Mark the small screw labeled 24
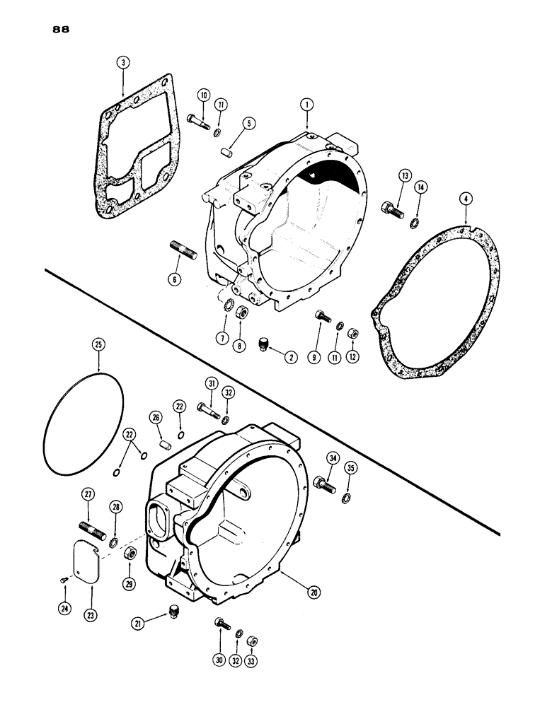[64, 580]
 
